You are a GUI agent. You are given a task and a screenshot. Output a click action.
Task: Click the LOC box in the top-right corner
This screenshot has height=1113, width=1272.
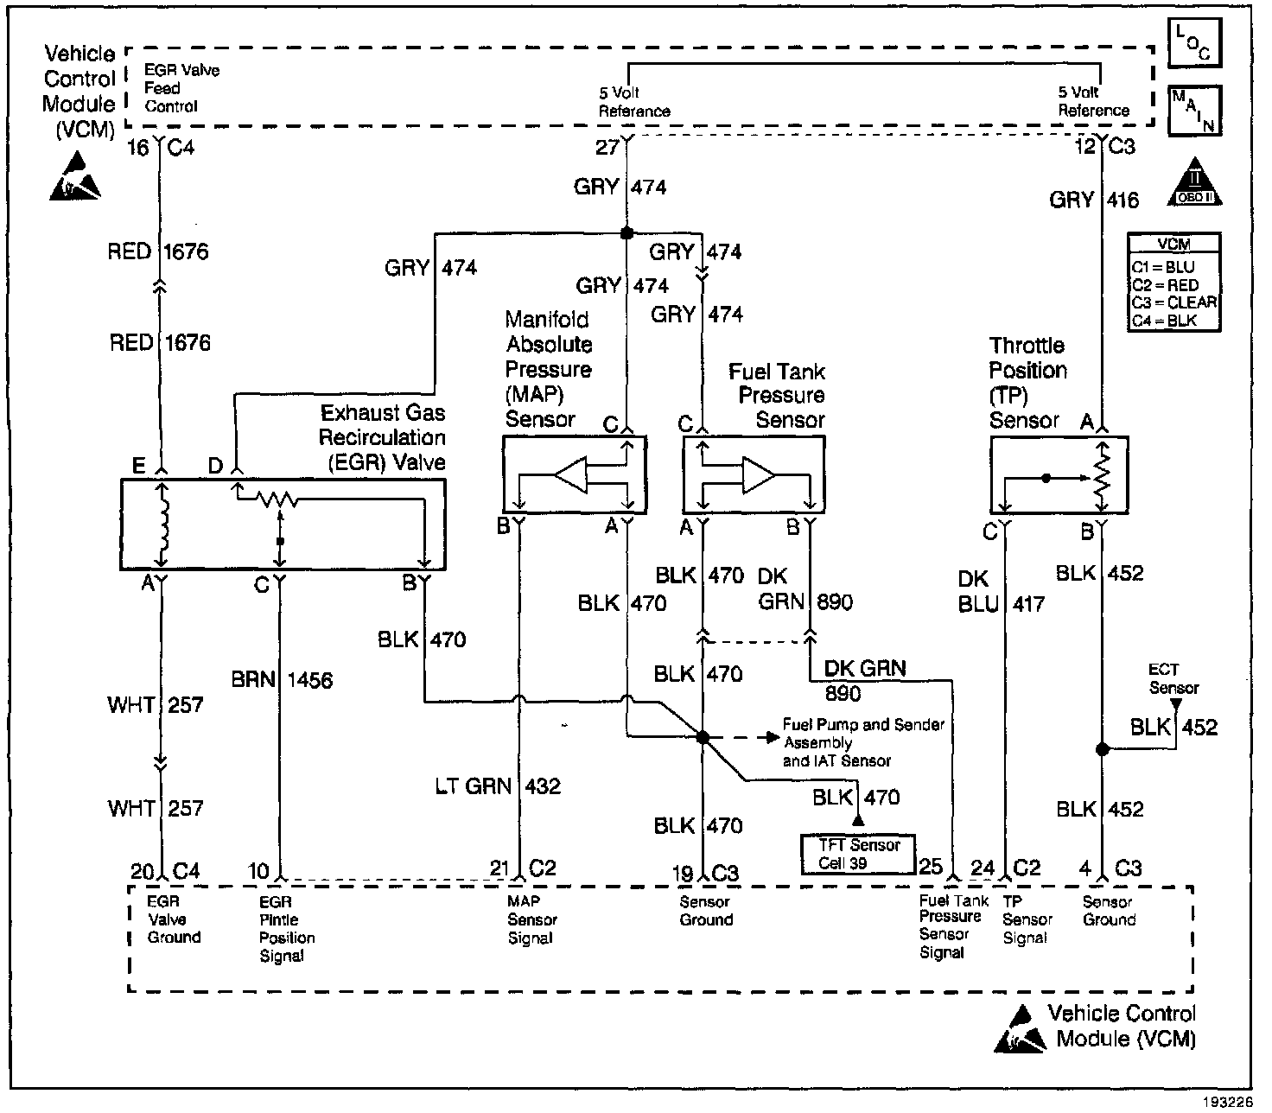point(1194,42)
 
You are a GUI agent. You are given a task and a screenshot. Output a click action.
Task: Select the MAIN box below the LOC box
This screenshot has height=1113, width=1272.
point(1194,111)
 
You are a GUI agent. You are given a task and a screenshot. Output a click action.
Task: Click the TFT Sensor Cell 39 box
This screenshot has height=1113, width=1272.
point(858,855)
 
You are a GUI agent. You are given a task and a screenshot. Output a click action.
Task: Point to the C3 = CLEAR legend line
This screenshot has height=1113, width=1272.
point(1173,302)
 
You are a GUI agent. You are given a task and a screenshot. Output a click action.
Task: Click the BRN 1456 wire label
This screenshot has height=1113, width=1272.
point(282,679)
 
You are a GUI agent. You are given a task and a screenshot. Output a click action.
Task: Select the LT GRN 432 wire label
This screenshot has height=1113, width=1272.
point(498,786)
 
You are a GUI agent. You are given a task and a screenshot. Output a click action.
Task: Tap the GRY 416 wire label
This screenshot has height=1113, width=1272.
point(1094,200)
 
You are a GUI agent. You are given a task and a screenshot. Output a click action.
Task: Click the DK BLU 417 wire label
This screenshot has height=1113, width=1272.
point(1001,591)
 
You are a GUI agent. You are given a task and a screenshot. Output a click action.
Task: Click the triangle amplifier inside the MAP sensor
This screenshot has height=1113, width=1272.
point(570,475)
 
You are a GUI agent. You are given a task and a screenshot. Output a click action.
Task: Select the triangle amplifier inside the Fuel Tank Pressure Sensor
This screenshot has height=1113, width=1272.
point(759,475)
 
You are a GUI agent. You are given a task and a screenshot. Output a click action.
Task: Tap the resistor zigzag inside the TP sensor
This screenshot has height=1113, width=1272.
point(1102,478)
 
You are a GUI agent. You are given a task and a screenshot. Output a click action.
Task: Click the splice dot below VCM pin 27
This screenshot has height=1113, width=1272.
point(626,233)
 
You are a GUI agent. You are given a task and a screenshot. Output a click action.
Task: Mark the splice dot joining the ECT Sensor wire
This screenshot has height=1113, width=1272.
point(1103,749)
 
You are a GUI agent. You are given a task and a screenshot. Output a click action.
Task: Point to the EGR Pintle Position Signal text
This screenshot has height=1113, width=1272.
point(287,928)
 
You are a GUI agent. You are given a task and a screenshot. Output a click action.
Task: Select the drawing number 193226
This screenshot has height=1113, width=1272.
point(1228,1102)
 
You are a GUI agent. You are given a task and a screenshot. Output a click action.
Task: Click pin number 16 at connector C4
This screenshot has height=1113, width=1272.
point(138,148)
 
